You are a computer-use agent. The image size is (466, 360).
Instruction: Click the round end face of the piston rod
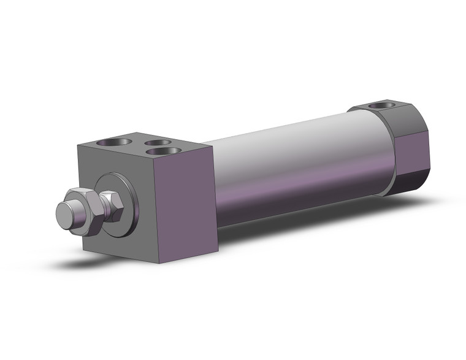(64, 214)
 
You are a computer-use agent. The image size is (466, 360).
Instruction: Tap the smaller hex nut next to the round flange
(112, 206)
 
